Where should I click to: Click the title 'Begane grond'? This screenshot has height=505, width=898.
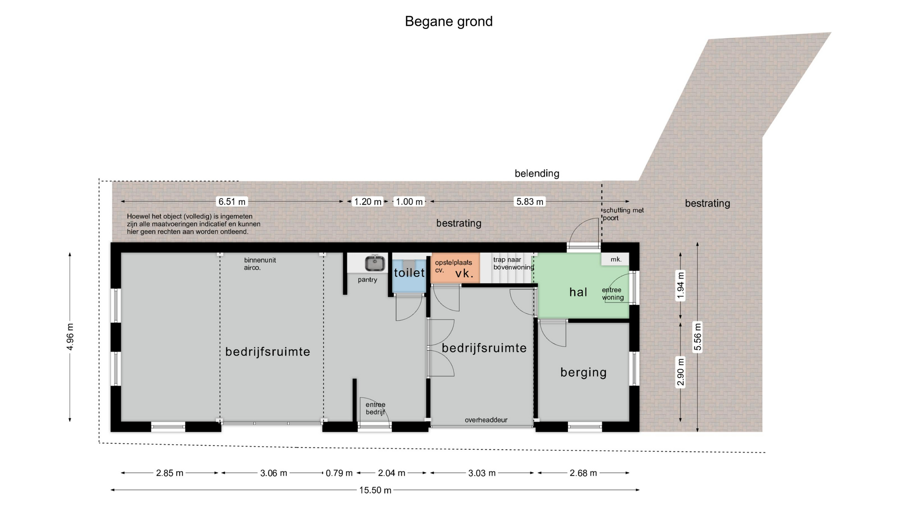coord(449,22)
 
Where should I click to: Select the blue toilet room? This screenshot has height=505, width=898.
coord(409,273)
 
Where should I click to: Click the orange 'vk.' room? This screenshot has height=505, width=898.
coord(455,268)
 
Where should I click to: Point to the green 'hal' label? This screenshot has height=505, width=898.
coord(578,292)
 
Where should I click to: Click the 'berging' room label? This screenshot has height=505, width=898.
coord(583,373)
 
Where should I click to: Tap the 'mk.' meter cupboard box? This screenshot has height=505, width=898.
coord(616,259)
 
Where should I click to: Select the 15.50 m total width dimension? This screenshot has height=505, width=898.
coord(375,490)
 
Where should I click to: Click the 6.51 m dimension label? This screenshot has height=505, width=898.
coord(232,202)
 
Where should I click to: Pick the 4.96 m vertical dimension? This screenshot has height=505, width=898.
coord(70,337)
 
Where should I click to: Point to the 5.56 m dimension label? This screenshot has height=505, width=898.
coord(697,337)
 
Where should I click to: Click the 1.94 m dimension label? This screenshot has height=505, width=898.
coord(681,286)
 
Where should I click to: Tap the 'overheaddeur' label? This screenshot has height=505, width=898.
coord(486,420)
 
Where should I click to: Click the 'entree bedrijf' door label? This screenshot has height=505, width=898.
coord(376,408)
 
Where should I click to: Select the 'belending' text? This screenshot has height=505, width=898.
coord(537,173)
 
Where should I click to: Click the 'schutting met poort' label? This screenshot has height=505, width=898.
coord(623,214)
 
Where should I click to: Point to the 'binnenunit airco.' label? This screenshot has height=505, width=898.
coord(260,264)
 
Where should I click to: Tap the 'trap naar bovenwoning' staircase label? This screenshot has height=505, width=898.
coord(514,263)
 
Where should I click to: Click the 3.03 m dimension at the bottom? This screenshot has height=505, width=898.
coord(482,473)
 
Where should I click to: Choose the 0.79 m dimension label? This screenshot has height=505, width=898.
coord(339,473)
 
